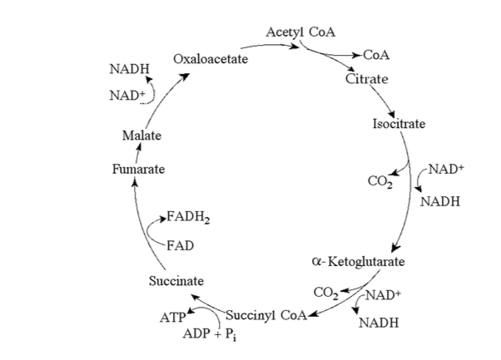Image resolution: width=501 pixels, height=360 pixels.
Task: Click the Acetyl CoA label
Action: click(301, 32)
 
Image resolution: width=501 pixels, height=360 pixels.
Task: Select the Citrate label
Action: click(366, 79)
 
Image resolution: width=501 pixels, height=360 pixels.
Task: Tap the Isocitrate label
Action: click(399, 124)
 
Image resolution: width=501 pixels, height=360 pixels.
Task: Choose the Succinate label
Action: click(176, 280)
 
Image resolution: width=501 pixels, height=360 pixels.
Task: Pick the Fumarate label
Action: click(138, 169)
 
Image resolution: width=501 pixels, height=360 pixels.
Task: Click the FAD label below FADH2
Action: click(181, 245)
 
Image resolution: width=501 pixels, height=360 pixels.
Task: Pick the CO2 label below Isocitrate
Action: click(379, 180)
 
